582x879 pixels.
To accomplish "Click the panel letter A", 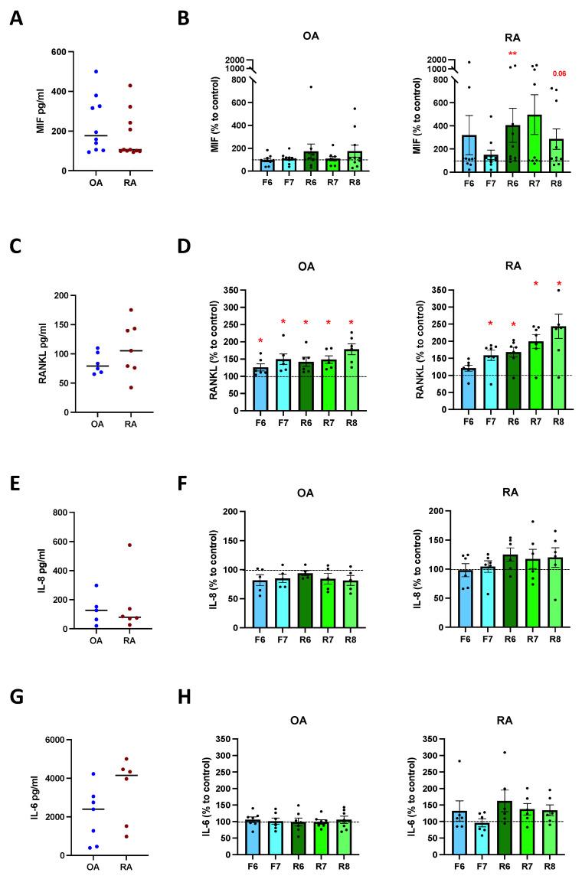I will [16, 18].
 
